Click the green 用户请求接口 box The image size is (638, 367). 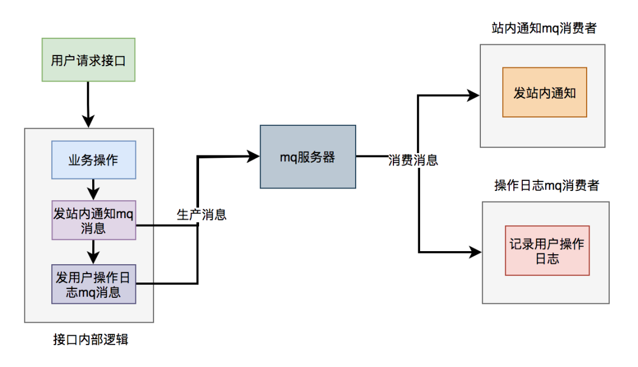point(89,60)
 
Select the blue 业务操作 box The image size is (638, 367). point(93,160)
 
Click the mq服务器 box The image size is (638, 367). point(308,157)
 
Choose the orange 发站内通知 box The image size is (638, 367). point(544,92)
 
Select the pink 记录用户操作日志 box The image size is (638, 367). point(547,251)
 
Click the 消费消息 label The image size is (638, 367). point(413,160)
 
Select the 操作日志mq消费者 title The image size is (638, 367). point(546,186)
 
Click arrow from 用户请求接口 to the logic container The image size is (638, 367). point(88,104)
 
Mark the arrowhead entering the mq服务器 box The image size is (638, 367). point(253,156)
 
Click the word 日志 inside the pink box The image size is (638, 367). point(547,259)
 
